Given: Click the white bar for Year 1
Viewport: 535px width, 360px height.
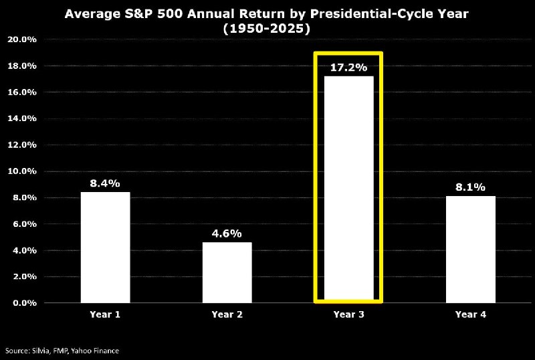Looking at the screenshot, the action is (x=106, y=248).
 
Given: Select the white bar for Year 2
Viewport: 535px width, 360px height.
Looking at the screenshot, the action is (x=227, y=272).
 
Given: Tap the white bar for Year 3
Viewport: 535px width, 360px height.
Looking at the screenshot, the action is (x=348, y=189).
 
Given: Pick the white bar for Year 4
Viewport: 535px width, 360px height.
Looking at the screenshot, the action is (x=471, y=250).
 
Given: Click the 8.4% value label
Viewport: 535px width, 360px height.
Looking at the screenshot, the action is (x=105, y=183).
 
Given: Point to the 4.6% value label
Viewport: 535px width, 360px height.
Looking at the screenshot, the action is (x=227, y=234).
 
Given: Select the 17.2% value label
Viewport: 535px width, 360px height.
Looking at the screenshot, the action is (x=348, y=68).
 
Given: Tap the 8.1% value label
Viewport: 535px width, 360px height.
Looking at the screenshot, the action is (x=470, y=187).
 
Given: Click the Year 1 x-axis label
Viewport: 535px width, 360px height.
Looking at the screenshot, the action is (x=105, y=314).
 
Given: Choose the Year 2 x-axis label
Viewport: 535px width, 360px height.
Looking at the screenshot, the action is (x=227, y=314).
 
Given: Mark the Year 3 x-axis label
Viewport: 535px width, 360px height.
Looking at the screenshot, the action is (x=348, y=314).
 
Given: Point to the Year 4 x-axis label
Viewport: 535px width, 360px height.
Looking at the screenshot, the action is (x=471, y=314).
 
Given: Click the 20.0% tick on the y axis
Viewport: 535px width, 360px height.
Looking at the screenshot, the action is (x=22, y=39).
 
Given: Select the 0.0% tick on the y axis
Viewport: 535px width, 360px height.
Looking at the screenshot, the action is (x=22, y=303).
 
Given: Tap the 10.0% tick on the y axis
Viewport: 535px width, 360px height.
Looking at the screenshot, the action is (x=22, y=171).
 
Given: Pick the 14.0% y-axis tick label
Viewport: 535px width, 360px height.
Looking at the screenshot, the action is (x=22, y=118).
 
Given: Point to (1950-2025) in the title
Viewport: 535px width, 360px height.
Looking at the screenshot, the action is (x=267, y=29).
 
